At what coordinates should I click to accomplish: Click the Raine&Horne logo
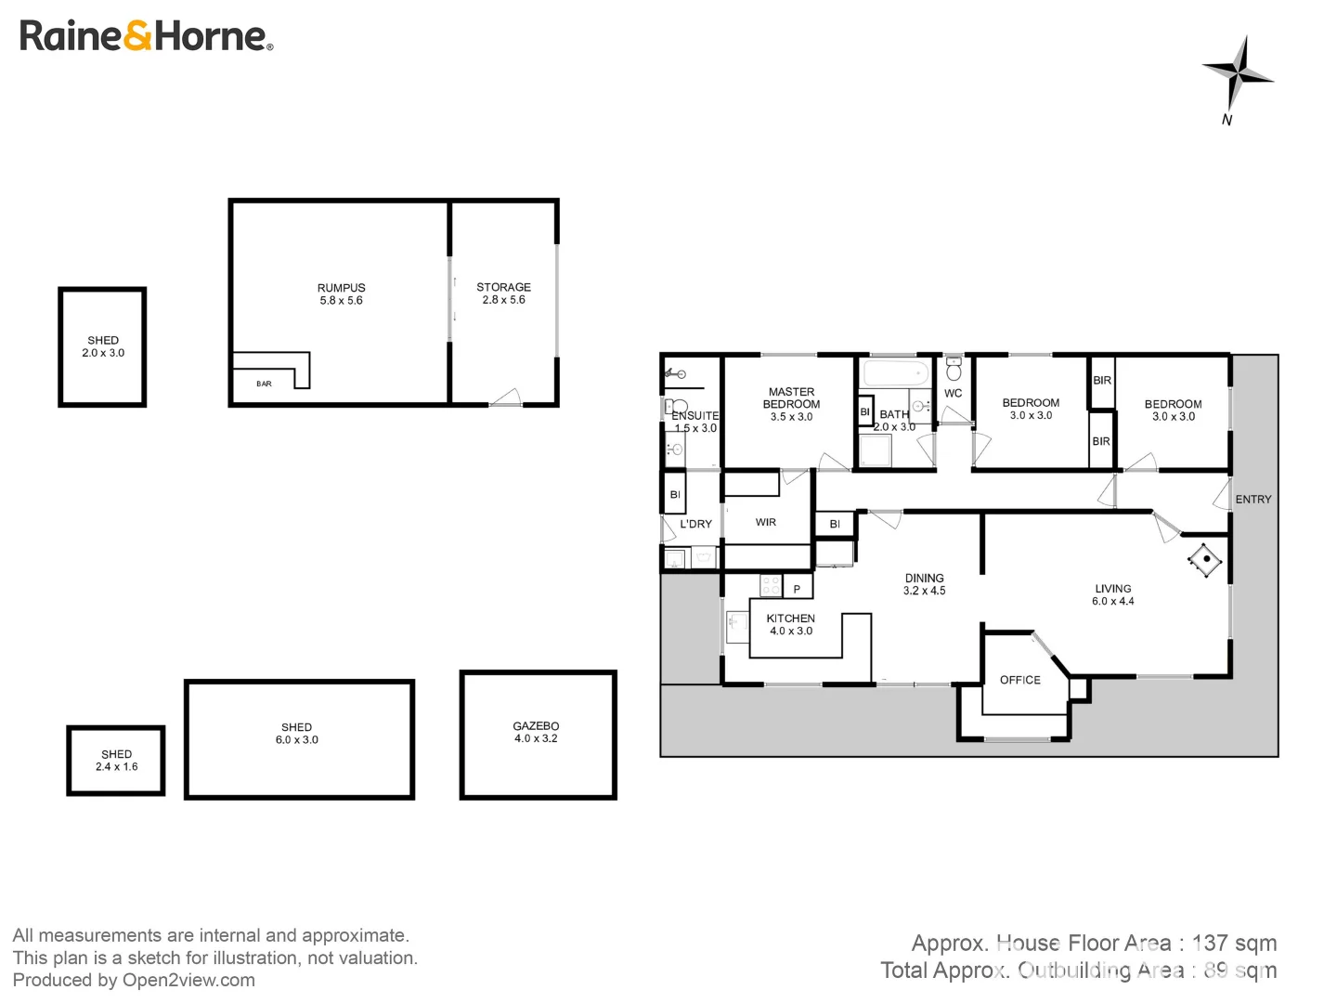point(146,36)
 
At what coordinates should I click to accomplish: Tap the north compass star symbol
point(1237,73)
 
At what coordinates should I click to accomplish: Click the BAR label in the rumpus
point(265,384)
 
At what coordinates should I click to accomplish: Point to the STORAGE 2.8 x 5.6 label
point(503,293)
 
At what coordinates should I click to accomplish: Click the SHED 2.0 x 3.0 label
point(103,346)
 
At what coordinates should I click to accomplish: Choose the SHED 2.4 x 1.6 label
point(116,761)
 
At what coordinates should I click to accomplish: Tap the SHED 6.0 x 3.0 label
point(297,734)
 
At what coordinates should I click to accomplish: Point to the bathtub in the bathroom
point(895,375)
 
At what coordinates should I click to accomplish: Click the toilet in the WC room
point(954,371)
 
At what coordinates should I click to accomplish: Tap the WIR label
point(765,522)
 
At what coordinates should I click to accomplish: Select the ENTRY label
point(1253,500)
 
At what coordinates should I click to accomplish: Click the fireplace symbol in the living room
point(1205,559)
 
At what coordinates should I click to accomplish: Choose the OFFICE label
point(1019,680)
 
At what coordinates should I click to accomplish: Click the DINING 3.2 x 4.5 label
point(924,584)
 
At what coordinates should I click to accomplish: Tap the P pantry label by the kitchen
point(797,589)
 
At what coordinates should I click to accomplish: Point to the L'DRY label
point(695,524)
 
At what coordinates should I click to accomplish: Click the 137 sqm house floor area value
point(1234,944)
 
